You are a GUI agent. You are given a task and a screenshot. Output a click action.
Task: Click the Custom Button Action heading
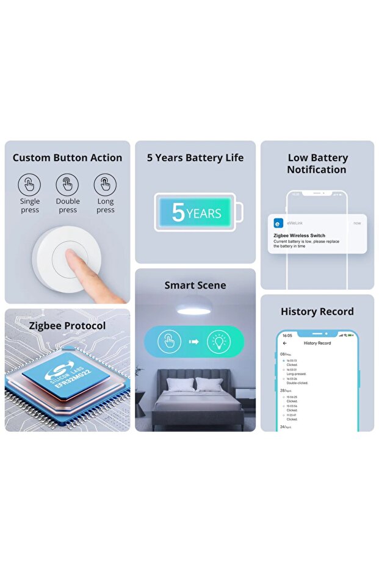pyautogui.click(x=67, y=157)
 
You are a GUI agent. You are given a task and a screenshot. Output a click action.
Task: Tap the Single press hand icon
pyautogui.click(x=29, y=184)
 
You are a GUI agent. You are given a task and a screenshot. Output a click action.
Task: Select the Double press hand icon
pyautogui.click(x=67, y=184)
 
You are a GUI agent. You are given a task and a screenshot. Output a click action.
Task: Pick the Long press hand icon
pyautogui.click(x=105, y=184)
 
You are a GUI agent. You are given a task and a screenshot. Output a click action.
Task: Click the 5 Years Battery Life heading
pyautogui.click(x=195, y=157)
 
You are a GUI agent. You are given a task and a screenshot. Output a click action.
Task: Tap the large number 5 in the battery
pyautogui.click(x=178, y=212)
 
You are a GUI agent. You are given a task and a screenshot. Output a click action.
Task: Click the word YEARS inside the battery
pyautogui.click(x=204, y=214)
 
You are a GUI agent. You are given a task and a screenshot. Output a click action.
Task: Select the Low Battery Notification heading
pyautogui.click(x=317, y=164)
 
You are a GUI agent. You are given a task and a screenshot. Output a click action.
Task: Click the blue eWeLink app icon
pyautogui.click(x=278, y=223)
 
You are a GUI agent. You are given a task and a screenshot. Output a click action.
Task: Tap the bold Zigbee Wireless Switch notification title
pyautogui.click(x=299, y=235)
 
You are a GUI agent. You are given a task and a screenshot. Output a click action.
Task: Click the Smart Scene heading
pyautogui.click(x=195, y=285)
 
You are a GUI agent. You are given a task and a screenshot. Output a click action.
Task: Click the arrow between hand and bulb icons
pyautogui.click(x=194, y=342)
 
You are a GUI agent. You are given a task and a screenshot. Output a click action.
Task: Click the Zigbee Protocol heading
pyautogui.click(x=67, y=326)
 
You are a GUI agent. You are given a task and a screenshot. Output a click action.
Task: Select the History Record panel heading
pyautogui.click(x=317, y=312)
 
